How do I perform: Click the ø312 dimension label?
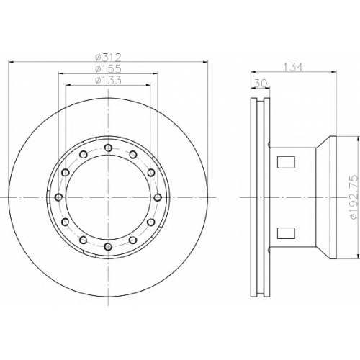108,58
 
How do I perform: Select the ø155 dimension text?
108,69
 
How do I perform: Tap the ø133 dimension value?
108,81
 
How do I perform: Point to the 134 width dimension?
293,68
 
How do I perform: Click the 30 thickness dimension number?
261,84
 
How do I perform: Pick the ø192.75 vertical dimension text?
354,197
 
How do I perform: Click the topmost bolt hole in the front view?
109,148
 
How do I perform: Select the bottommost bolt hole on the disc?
109,246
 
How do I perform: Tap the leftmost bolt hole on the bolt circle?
59,197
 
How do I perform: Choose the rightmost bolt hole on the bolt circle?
158,197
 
